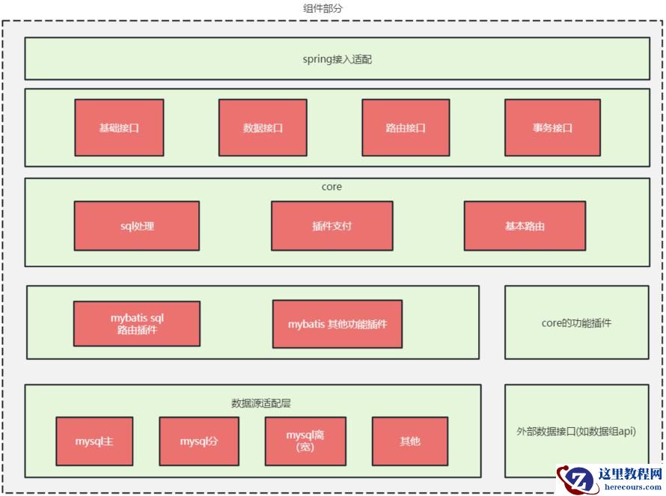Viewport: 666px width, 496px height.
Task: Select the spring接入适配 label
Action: [337, 59]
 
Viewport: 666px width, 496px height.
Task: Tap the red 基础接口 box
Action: [119, 128]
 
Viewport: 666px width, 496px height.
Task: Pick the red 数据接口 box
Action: [263, 128]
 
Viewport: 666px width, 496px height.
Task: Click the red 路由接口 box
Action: [406, 128]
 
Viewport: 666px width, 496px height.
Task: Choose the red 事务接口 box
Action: [552, 128]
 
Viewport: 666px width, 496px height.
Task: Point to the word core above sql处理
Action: [332, 187]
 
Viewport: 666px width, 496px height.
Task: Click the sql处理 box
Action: [137, 225]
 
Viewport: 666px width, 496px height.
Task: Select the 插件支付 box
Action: [332, 225]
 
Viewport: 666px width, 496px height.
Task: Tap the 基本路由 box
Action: [525, 225]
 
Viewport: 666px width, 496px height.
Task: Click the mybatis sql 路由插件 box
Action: [137, 323]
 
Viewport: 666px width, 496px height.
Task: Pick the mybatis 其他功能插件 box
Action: [337, 324]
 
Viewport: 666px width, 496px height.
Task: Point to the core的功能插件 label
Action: [576, 323]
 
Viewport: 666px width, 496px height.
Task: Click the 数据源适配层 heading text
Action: [260, 403]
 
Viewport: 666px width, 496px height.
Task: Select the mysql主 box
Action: [94, 441]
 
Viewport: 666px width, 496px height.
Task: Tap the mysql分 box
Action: [199, 441]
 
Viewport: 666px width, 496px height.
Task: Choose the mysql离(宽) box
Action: [305, 441]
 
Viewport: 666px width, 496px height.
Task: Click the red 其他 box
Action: [410, 441]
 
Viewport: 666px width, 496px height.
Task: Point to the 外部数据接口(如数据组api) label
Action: [576, 432]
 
